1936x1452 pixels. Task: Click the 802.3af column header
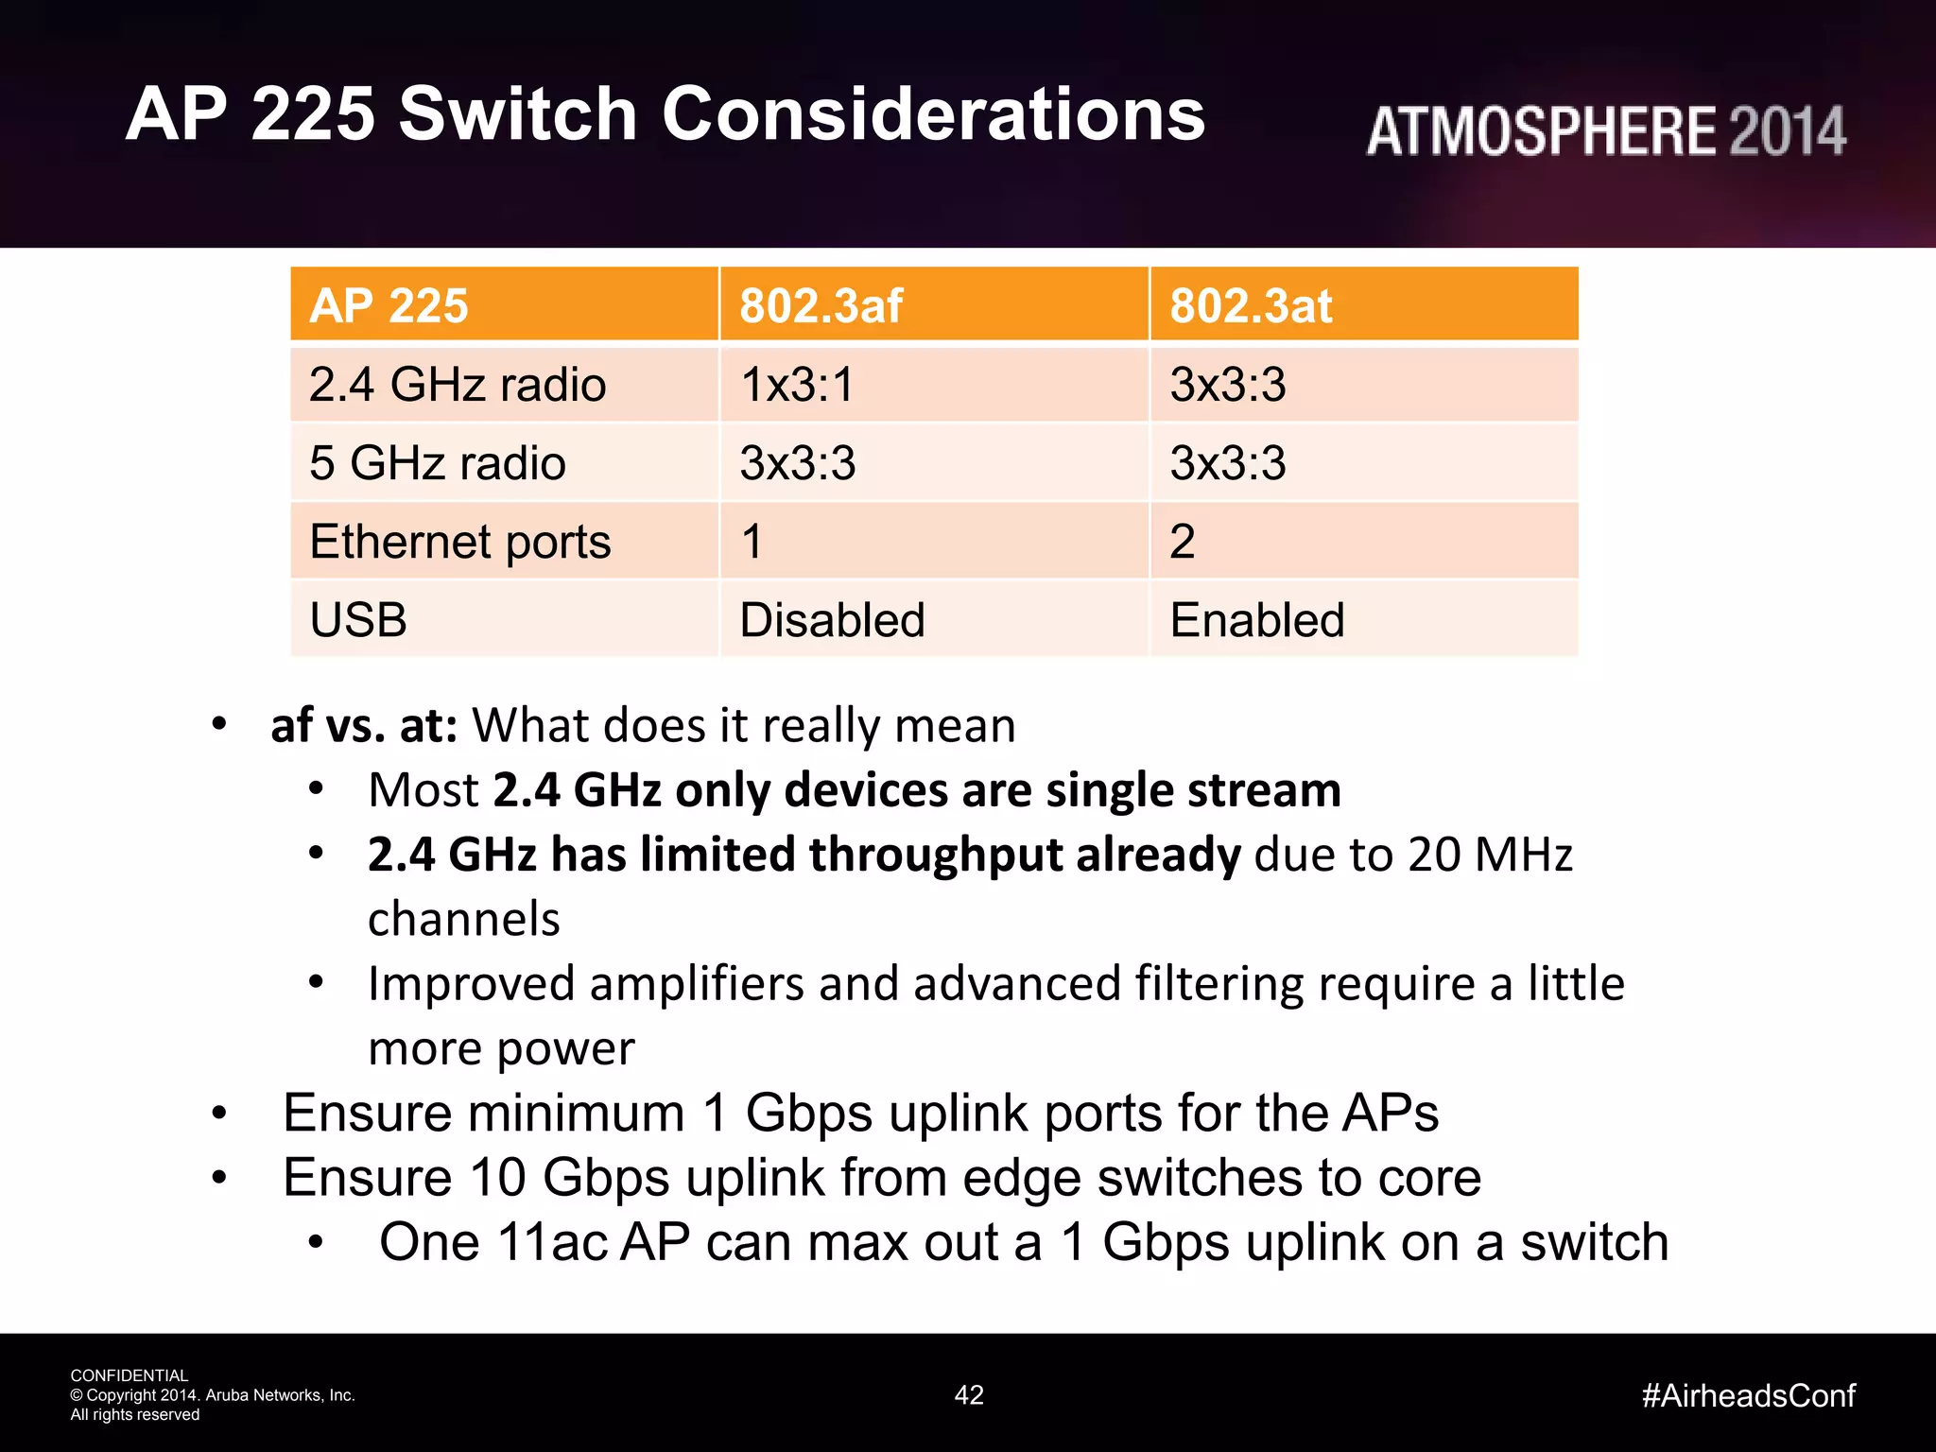click(x=821, y=306)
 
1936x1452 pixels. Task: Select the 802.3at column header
click(x=1250, y=306)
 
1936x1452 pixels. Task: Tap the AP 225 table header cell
click(x=389, y=306)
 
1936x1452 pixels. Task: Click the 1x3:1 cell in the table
click(x=797, y=385)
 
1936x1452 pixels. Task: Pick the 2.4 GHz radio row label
click(x=458, y=385)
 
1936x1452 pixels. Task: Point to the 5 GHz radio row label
click(x=437, y=463)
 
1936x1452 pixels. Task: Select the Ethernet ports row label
click(x=459, y=542)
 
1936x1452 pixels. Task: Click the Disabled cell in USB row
click(x=832, y=620)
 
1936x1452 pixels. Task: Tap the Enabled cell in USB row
click(x=1256, y=620)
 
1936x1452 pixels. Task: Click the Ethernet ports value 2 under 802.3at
click(x=1183, y=542)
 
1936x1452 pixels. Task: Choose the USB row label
click(x=358, y=620)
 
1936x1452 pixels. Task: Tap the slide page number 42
click(x=969, y=1395)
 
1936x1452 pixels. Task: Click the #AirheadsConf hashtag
click(x=1748, y=1395)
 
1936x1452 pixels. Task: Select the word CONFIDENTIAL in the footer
click(x=130, y=1375)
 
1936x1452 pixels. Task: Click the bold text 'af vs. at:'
click(x=364, y=726)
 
